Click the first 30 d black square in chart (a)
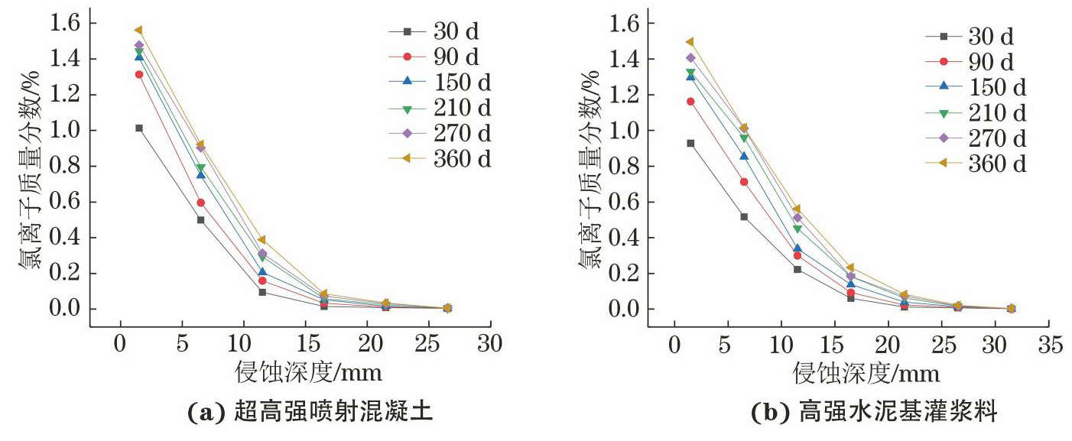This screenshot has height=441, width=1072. (139, 128)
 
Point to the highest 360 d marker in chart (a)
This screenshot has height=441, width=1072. (138, 31)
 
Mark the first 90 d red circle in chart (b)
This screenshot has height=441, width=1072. (690, 102)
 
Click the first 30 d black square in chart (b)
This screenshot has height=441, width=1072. (690, 143)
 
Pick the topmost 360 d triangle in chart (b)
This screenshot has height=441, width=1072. (690, 42)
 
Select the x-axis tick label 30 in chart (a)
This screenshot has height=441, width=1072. (490, 345)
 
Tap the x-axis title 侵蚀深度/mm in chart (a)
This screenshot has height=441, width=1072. (308, 373)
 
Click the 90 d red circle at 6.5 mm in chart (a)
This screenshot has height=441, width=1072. (200, 203)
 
